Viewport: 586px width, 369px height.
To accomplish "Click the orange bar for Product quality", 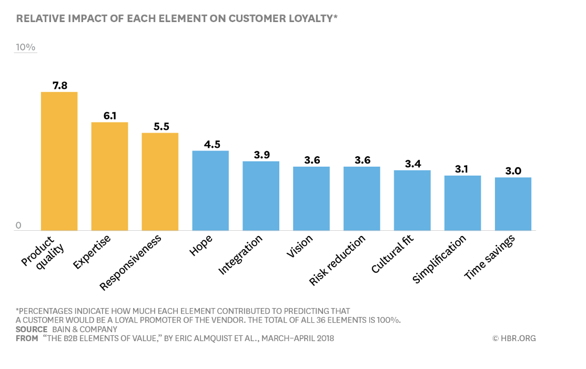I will [x=59, y=161].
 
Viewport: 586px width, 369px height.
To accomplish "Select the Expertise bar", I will [x=109, y=176].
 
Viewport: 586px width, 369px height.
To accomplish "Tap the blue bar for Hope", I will [x=210, y=190].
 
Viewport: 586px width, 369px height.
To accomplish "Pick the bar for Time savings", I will [x=513, y=203].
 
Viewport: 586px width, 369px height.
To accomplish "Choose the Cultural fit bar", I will [x=412, y=200].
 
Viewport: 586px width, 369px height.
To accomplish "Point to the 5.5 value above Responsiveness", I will [x=160, y=126].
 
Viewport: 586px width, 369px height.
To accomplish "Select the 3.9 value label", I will [x=261, y=155].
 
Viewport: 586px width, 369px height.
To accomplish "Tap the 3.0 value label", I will [x=513, y=171].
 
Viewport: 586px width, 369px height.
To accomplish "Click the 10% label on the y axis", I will [x=25, y=47].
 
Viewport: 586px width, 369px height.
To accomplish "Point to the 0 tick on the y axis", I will [x=18, y=225].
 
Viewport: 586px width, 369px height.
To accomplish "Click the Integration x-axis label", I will [x=241, y=254].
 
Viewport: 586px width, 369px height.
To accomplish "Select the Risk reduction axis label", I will [x=338, y=260].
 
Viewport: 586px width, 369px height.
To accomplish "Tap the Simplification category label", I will [x=439, y=259].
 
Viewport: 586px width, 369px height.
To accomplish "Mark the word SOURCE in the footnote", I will [x=31, y=330].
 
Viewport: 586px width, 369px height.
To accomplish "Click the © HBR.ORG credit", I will [x=514, y=339].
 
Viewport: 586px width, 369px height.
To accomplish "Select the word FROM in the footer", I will [x=27, y=339].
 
